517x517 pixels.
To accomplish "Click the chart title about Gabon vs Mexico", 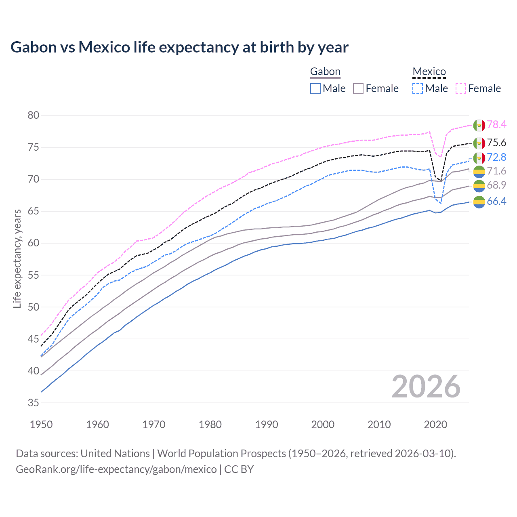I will [x=179, y=47].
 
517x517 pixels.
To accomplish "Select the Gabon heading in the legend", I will [x=325, y=72].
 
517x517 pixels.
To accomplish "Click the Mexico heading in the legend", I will [x=429, y=72].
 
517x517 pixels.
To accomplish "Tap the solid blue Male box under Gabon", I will [x=315, y=88].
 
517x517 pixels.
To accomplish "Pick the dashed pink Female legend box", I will [x=461, y=88].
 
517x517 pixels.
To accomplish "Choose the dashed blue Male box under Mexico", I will [x=418, y=88].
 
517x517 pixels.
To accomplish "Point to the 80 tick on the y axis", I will [x=34, y=116].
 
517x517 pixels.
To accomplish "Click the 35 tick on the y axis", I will [x=34, y=403].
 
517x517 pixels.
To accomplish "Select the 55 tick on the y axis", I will [x=34, y=275].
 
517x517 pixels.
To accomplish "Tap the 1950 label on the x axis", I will [x=41, y=425].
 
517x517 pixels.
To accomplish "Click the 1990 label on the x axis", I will [x=267, y=425].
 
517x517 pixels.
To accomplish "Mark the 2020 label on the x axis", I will [x=435, y=425].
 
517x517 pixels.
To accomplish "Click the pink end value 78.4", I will [x=496, y=125].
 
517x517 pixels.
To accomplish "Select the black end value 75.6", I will [x=496, y=143].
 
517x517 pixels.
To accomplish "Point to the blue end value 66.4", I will [x=496, y=202].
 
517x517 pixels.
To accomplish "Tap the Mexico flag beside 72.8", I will [x=479, y=158].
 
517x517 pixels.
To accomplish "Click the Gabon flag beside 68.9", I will [x=479, y=186].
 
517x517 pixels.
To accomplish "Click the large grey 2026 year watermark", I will [x=426, y=387].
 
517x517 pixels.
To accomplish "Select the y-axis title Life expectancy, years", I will [x=17, y=258].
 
